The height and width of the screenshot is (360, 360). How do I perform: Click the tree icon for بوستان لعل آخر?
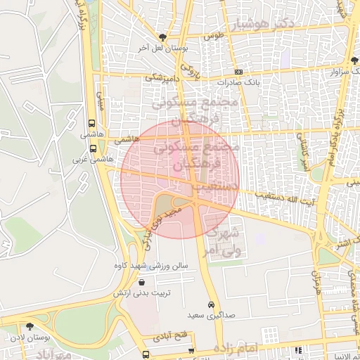click(x=164, y=37)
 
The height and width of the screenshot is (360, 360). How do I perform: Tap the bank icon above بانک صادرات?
click(x=238, y=72)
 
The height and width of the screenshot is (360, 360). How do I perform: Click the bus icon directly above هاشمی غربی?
click(x=94, y=148)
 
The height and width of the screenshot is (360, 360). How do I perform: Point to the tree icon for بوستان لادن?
click(x=30, y=326)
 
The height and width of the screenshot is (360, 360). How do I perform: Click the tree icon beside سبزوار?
click(x=354, y=61)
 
